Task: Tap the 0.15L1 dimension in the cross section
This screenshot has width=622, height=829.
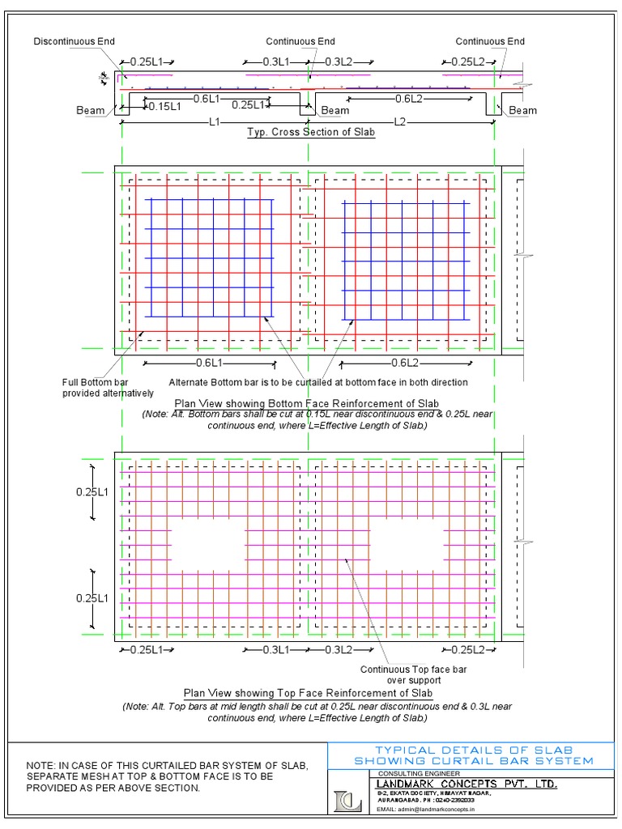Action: tap(164, 106)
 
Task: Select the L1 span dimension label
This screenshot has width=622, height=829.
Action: tap(215, 122)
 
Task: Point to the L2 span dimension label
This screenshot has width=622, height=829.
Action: tap(400, 122)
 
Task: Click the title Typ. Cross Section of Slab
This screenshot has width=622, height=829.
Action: tap(311, 133)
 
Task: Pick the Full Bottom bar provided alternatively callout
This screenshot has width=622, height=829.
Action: tap(108, 388)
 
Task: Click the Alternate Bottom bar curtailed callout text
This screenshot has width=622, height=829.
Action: tap(318, 382)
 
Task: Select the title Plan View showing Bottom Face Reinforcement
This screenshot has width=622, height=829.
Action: tap(307, 403)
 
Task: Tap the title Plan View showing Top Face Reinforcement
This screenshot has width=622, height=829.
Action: tap(309, 693)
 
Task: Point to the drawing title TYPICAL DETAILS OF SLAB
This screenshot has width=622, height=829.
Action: tap(474, 750)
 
